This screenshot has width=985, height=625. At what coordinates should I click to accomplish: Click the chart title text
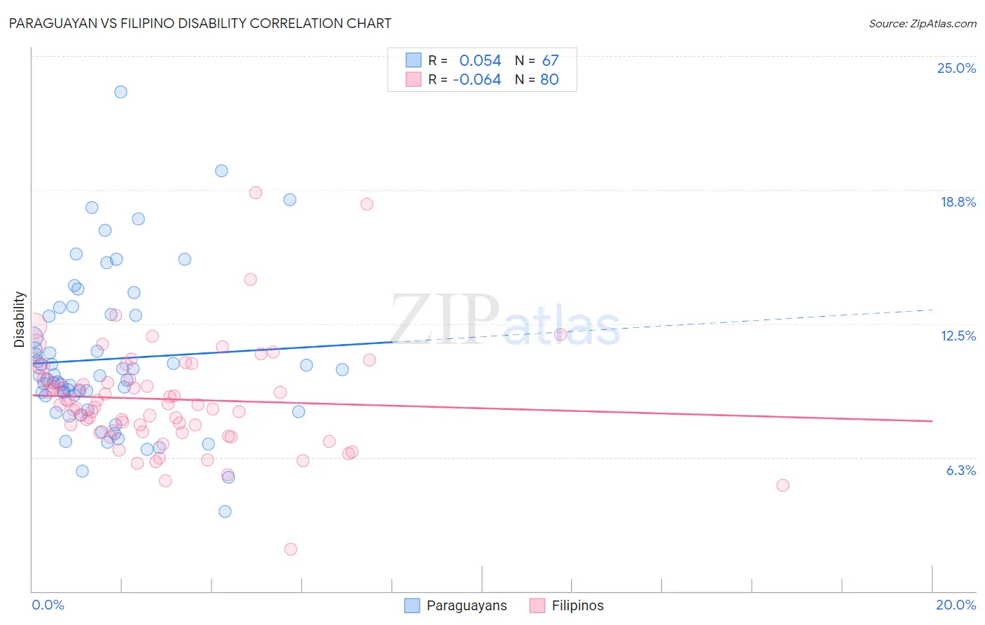200,23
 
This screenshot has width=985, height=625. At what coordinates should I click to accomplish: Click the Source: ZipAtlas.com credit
922,24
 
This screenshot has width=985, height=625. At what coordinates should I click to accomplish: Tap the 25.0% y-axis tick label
956,68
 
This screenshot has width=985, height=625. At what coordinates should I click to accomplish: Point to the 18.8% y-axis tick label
958,202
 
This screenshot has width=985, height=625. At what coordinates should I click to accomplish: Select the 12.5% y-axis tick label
958,336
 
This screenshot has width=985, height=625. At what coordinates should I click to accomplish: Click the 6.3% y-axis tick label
960,470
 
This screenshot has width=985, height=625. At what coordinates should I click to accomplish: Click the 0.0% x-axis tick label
48,605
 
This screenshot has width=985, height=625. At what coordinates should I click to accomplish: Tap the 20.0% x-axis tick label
956,605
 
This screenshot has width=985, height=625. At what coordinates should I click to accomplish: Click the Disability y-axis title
20,320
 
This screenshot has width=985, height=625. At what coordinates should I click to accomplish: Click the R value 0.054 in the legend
480,60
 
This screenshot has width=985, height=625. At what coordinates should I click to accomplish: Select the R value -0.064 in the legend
476,80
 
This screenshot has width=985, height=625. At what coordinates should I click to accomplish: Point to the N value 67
550,60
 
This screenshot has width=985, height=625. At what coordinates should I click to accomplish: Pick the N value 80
549,80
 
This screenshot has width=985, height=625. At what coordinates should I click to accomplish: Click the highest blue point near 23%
120,92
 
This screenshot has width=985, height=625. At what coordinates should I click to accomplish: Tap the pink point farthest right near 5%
783,485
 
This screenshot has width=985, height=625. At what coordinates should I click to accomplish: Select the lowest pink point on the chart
291,549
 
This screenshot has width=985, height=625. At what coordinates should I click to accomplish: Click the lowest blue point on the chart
225,511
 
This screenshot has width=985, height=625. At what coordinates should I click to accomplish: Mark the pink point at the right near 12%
560,334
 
